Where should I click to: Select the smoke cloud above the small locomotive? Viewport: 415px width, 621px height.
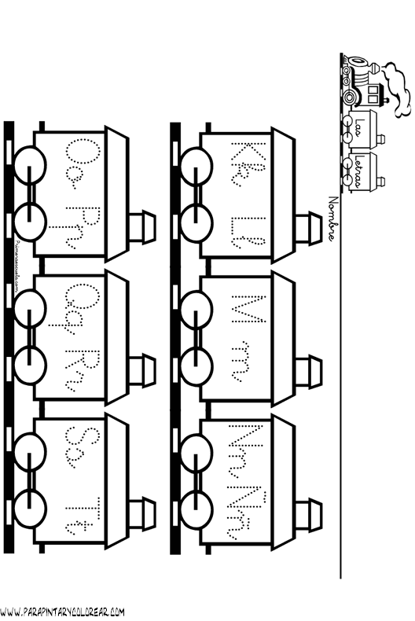click(399, 92)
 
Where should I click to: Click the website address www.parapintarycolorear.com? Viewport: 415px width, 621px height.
click(63, 612)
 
